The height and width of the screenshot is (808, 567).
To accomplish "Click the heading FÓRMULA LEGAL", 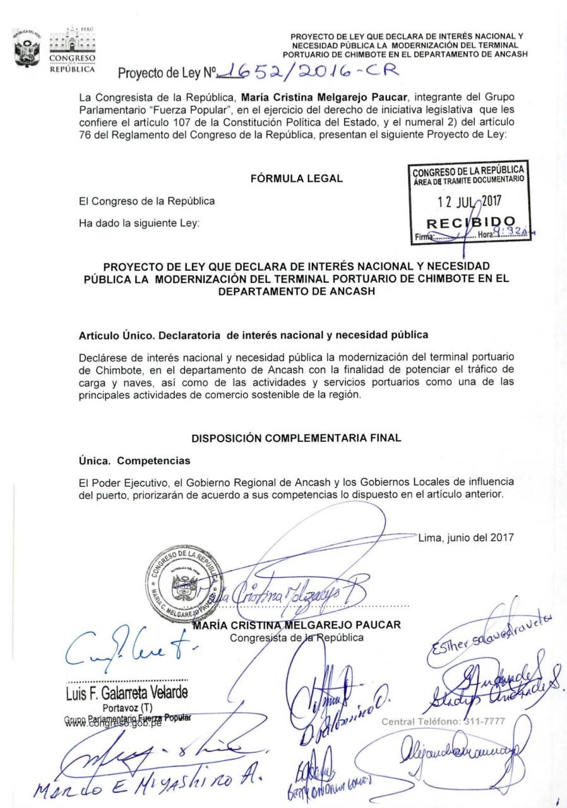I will click(x=297, y=179).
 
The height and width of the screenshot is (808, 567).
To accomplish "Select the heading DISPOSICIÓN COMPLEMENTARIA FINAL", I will click(x=297, y=437).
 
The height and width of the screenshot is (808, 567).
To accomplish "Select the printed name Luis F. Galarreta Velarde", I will click(x=126, y=692).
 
